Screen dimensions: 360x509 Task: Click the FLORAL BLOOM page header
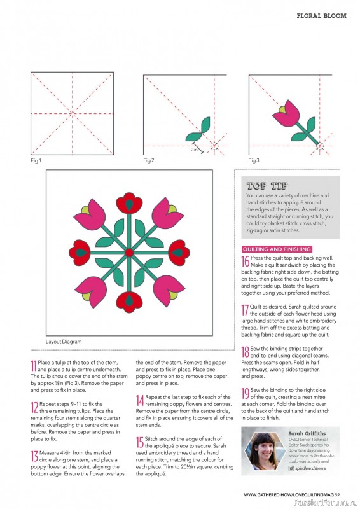pyautogui.click(x=321, y=15)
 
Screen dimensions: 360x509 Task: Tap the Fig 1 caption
pyautogui.click(x=36, y=160)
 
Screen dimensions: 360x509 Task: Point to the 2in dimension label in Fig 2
pyautogui.click(x=194, y=150)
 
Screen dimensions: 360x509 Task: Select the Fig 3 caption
pyautogui.click(x=254, y=160)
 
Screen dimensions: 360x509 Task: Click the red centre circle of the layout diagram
pyautogui.click(x=129, y=252)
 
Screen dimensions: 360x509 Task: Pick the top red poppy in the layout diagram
pyautogui.click(x=129, y=202)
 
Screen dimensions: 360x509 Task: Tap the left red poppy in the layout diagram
pyautogui.click(x=80, y=253)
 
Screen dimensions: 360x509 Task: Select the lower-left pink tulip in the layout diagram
pyautogui.click(x=92, y=291)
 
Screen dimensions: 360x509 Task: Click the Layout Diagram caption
pyautogui.click(x=64, y=342)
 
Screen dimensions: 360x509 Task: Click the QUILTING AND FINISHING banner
pyautogui.click(x=277, y=249)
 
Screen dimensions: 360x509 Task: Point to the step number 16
pyautogui.click(x=245, y=261)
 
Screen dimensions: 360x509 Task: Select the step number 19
pyautogui.click(x=245, y=393)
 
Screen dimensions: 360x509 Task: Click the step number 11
pyautogui.click(x=34, y=366)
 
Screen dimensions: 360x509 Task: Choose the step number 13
pyautogui.click(x=34, y=456)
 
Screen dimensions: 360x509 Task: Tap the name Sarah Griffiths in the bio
pyautogui.click(x=307, y=433)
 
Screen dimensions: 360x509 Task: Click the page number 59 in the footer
pyautogui.click(x=337, y=495)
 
